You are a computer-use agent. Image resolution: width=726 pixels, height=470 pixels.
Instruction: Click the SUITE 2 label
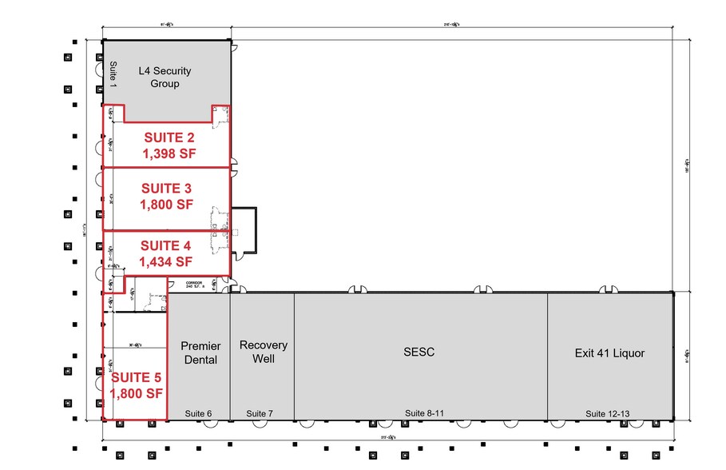coord(169,136)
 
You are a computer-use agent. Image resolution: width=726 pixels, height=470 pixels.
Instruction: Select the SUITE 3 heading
coord(167,189)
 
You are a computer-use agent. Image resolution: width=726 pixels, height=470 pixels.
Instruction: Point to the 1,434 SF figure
coord(167,261)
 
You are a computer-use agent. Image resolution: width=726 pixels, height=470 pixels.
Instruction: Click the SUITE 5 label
coord(136,377)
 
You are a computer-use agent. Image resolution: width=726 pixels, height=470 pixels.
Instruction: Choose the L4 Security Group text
coord(165,78)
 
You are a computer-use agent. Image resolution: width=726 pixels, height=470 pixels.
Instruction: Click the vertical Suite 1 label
coord(113,74)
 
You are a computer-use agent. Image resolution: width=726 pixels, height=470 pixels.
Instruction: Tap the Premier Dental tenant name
coord(200,352)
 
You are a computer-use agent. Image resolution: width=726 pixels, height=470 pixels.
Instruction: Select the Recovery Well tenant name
coord(263,352)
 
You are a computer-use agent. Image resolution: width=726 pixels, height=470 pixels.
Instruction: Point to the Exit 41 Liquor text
coord(609,352)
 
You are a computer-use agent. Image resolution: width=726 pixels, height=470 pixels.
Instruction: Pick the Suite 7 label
coord(260,413)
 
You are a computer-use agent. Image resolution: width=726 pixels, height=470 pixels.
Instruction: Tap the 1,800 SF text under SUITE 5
coord(136,393)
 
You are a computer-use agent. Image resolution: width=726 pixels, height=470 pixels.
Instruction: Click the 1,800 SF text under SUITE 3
coord(167,205)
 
